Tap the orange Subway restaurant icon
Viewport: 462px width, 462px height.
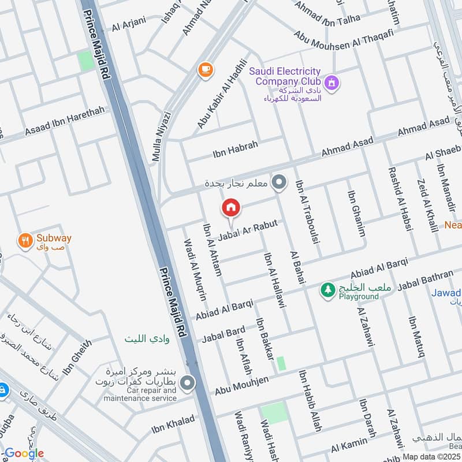tap(25, 241)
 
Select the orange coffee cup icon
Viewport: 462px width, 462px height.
tap(204, 70)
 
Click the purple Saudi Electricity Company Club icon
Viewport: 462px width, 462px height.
tap(331, 84)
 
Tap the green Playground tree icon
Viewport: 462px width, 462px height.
tap(328, 290)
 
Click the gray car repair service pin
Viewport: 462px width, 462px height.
tap(187, 382)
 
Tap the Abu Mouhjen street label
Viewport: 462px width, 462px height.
tap(243, 384)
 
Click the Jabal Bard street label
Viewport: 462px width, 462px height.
tap(223, 334)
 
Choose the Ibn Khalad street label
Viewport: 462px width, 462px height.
tap(173, 424)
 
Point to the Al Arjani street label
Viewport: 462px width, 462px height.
tap(129, 24)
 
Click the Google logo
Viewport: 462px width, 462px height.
tap(24, 453)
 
